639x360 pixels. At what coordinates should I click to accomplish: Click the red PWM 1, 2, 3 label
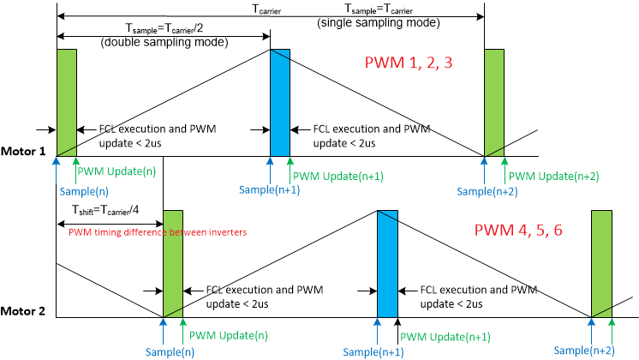[x=408, y=64]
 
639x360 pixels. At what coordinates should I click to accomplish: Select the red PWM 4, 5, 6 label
[x=518, y=231]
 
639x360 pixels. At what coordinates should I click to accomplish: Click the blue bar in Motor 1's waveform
[x=280, y=103]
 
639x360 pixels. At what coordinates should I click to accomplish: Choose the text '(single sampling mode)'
[x=379, y=23]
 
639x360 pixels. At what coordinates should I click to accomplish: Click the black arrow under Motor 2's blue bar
[x=398, y=325]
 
